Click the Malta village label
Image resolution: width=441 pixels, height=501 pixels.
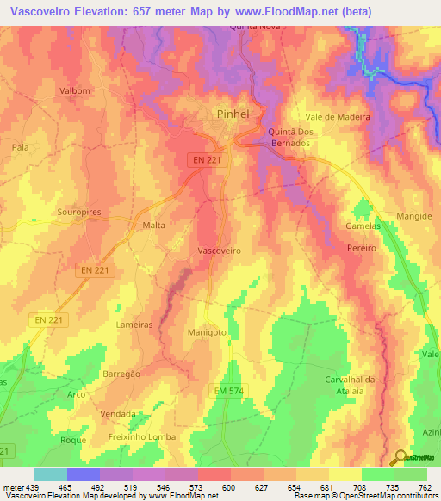pyautogui.click(x=153, y=225)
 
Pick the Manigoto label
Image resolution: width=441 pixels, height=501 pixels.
pyautogui.click(x=206, y=331)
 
